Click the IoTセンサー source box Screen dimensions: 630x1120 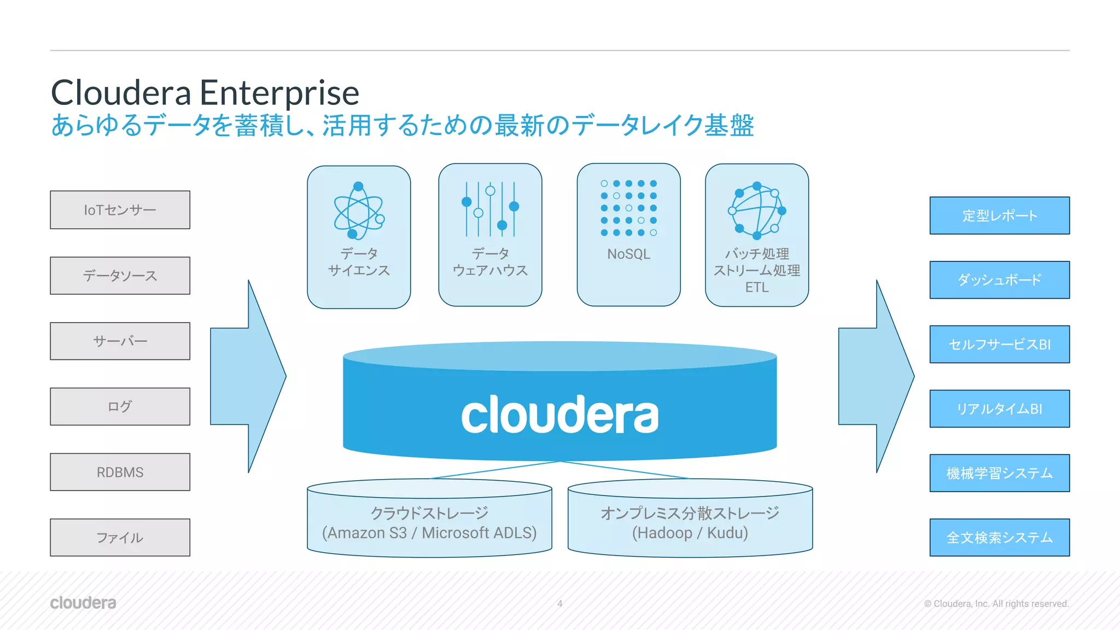(120, 210)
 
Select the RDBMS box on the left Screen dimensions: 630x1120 (120, 472)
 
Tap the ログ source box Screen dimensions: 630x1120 (120, 406)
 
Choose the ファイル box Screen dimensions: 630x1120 (120, 538)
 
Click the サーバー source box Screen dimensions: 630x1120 (120, 341)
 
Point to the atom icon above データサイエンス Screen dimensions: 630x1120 (359, 211)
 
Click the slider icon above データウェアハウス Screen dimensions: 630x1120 (490, 209)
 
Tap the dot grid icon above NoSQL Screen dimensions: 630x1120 (628, 208)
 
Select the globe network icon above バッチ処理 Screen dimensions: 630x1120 (757, 211)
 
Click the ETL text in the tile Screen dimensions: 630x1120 (757, 287)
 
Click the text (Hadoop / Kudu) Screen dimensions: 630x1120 (690, 533)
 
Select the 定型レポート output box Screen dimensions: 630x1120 (999, 215)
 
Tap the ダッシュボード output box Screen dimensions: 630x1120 (999, 280)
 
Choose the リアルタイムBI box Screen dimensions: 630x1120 (999, 409)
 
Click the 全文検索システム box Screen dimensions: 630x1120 (999, 538)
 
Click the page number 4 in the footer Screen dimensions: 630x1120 (559, 604)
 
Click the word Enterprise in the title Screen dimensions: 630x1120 (279, 93)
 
